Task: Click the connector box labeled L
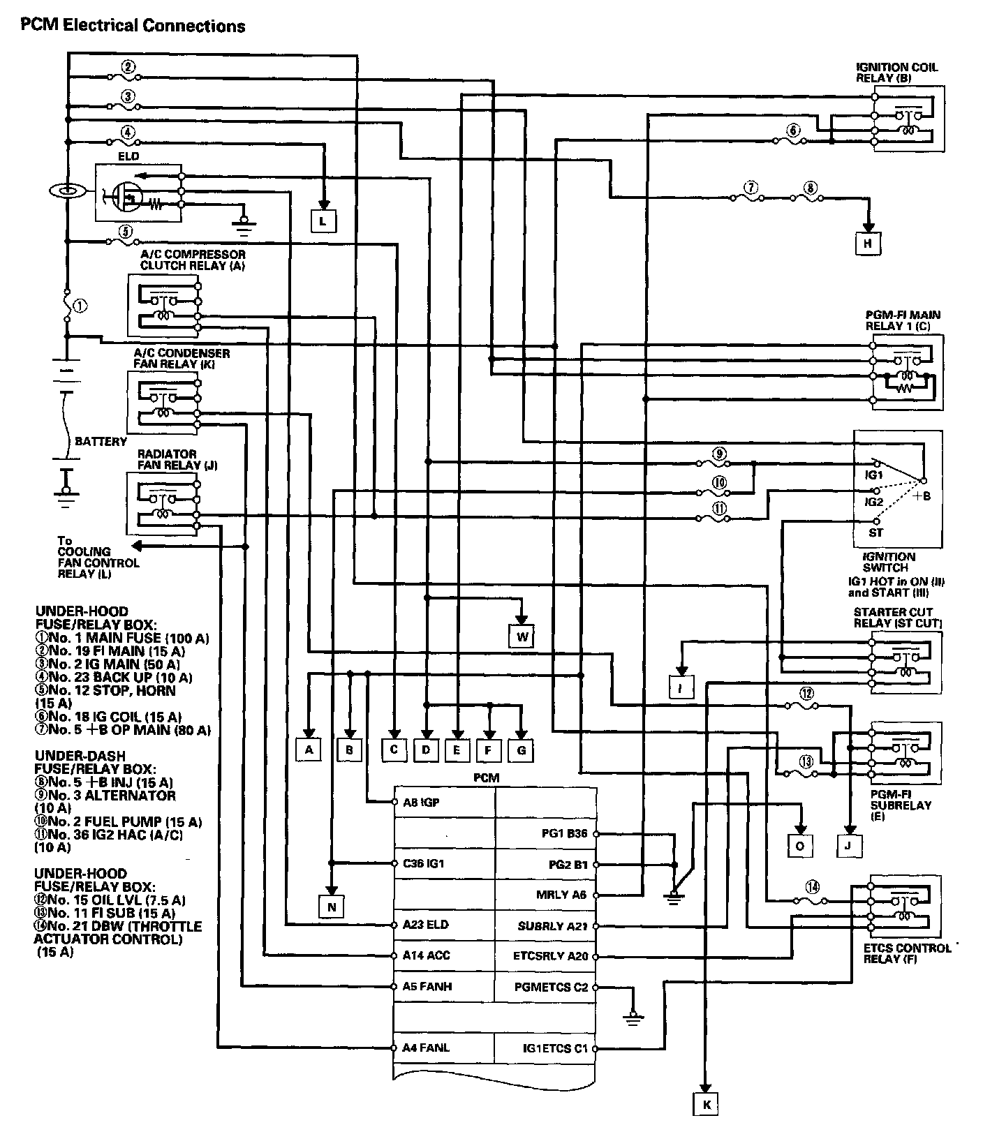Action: point(323,221)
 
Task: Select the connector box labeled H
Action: point(868,243)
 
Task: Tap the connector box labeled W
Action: point(521,636)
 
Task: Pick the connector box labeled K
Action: point(706,1104)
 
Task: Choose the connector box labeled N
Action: point(332,907)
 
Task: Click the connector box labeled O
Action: point(801,845)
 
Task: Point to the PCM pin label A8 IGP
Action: point(422,803)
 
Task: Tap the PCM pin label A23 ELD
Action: point(426,925)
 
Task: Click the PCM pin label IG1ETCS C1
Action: point(555,1048)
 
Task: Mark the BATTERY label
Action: point(101,441)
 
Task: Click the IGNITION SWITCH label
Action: point(889,562)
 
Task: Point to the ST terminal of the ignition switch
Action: point(875,532)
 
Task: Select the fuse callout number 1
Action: point(81,305)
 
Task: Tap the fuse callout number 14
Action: point(811,887)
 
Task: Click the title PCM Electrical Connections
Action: point(133,27)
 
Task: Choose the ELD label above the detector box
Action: point(128,156)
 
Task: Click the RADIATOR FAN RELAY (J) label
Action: point(168,459)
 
